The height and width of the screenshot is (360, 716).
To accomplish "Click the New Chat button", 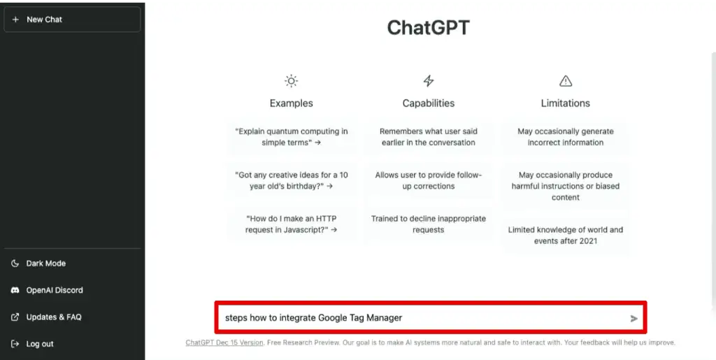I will pos(72,20).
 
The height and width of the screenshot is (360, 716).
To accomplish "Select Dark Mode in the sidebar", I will pos(45,264).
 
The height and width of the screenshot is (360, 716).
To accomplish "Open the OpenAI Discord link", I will pos(54,290).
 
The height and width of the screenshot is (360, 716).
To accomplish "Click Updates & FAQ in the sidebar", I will pos(53,317).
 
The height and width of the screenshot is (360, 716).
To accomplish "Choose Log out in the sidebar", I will pos(39,344).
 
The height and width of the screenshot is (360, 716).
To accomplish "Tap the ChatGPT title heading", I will pos(428,28).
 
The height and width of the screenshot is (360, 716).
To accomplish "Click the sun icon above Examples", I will pos(291,81).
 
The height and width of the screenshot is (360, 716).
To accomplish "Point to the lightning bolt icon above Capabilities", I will pos(429,81).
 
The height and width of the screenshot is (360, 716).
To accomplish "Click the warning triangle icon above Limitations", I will pos(566,81).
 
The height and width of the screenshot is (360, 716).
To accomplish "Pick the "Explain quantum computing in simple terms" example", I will pos(292,137).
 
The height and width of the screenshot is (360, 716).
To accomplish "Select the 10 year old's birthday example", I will pos(292,180).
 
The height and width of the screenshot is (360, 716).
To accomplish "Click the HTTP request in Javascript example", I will pos(292,224).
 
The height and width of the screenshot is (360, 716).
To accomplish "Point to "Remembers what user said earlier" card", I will pos(429,137).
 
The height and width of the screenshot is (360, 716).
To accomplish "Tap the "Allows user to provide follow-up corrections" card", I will pos(429,180).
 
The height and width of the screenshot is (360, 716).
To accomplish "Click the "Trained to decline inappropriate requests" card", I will pos(429,224).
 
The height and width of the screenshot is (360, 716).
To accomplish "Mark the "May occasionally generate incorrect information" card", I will pos(566,137).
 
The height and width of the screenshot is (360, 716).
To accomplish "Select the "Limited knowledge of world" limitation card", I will pos(566,236).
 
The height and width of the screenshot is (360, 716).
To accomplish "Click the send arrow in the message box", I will pos(634,319).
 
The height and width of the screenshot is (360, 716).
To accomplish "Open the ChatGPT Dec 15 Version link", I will pos(224,343).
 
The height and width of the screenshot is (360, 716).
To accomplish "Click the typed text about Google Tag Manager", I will pos(313,318).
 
